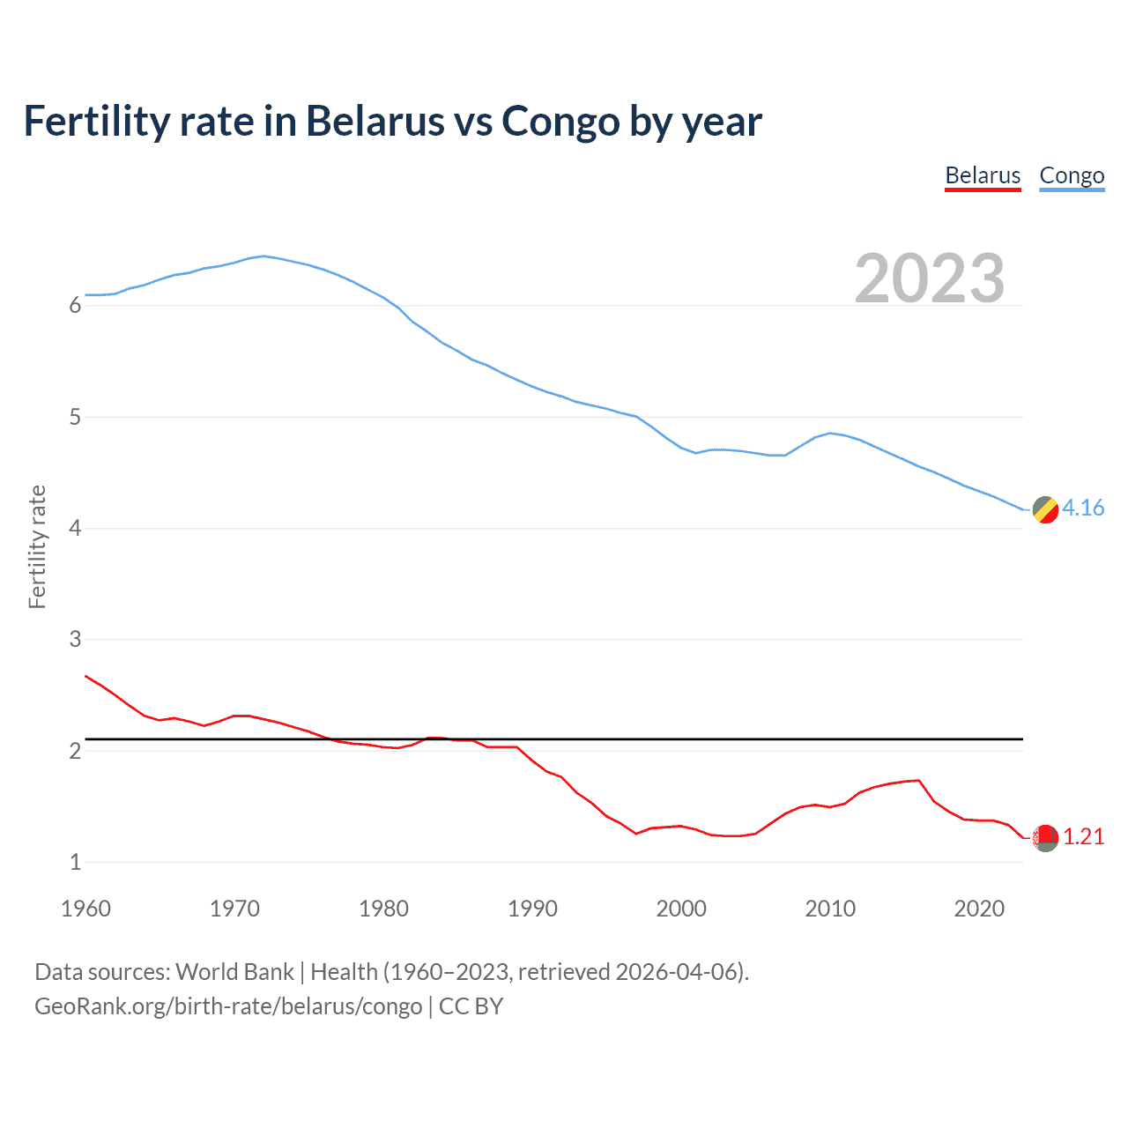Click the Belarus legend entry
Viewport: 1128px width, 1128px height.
pyautogui.click(x=983, y=175)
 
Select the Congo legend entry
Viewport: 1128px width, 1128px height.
pyautogui.click(x=1072, y=175)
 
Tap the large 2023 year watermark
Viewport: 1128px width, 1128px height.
pyautogui.click(x=930, y=278)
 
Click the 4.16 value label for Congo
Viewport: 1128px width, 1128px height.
pyautogui.click(x=1083, y=508)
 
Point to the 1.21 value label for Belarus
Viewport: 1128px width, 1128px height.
pyautogui.click(x=1083, y=836)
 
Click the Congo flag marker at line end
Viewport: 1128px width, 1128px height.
pyautogui.click(x=1045, y=509)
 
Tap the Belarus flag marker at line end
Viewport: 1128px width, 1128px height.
pyautogui.click(x=1045, y=837)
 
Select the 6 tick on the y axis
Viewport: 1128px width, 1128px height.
pyautogui.click(x=75, y=306)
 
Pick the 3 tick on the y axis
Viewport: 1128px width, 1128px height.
pyautogui.click(x=75, y=639)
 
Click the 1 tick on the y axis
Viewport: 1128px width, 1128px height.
pyautogui.click(x=75, y=862)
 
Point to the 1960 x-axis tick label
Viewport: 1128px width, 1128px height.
pyautogui.click(x=85, y=909)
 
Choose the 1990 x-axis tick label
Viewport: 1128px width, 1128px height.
pyautogui.click(x=532, y=909)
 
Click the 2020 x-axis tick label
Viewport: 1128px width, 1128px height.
pyautogui.click(x=979, y=909)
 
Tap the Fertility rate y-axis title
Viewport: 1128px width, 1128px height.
pyautogui.click(x=37, y=546)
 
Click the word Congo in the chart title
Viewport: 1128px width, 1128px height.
pyautogui.click(x=560, y=122)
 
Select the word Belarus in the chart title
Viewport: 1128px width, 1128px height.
pyautogui.click(x=375, y=122)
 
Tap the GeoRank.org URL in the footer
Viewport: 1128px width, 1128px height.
pyautogui.click(x=228, y=1006)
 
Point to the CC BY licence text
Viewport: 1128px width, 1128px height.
pyautogui.click(x=471, y=1006)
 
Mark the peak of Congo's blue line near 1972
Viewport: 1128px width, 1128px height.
pyautogui.click(x=263, y=256)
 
